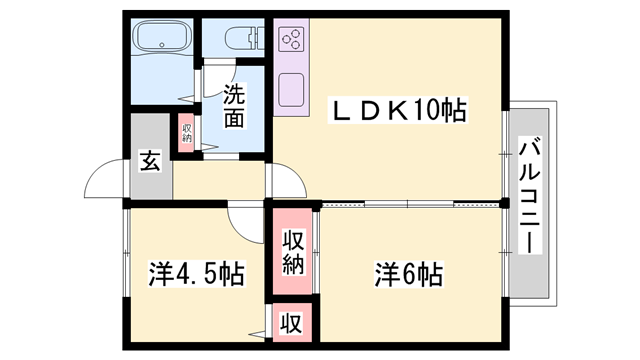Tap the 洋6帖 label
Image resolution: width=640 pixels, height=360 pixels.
coord(409,273)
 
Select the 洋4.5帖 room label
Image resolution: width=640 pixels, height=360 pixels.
coord(197,273)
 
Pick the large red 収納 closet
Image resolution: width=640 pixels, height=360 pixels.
coord(293,253)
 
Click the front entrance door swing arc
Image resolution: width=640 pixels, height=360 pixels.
coord(105,182)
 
